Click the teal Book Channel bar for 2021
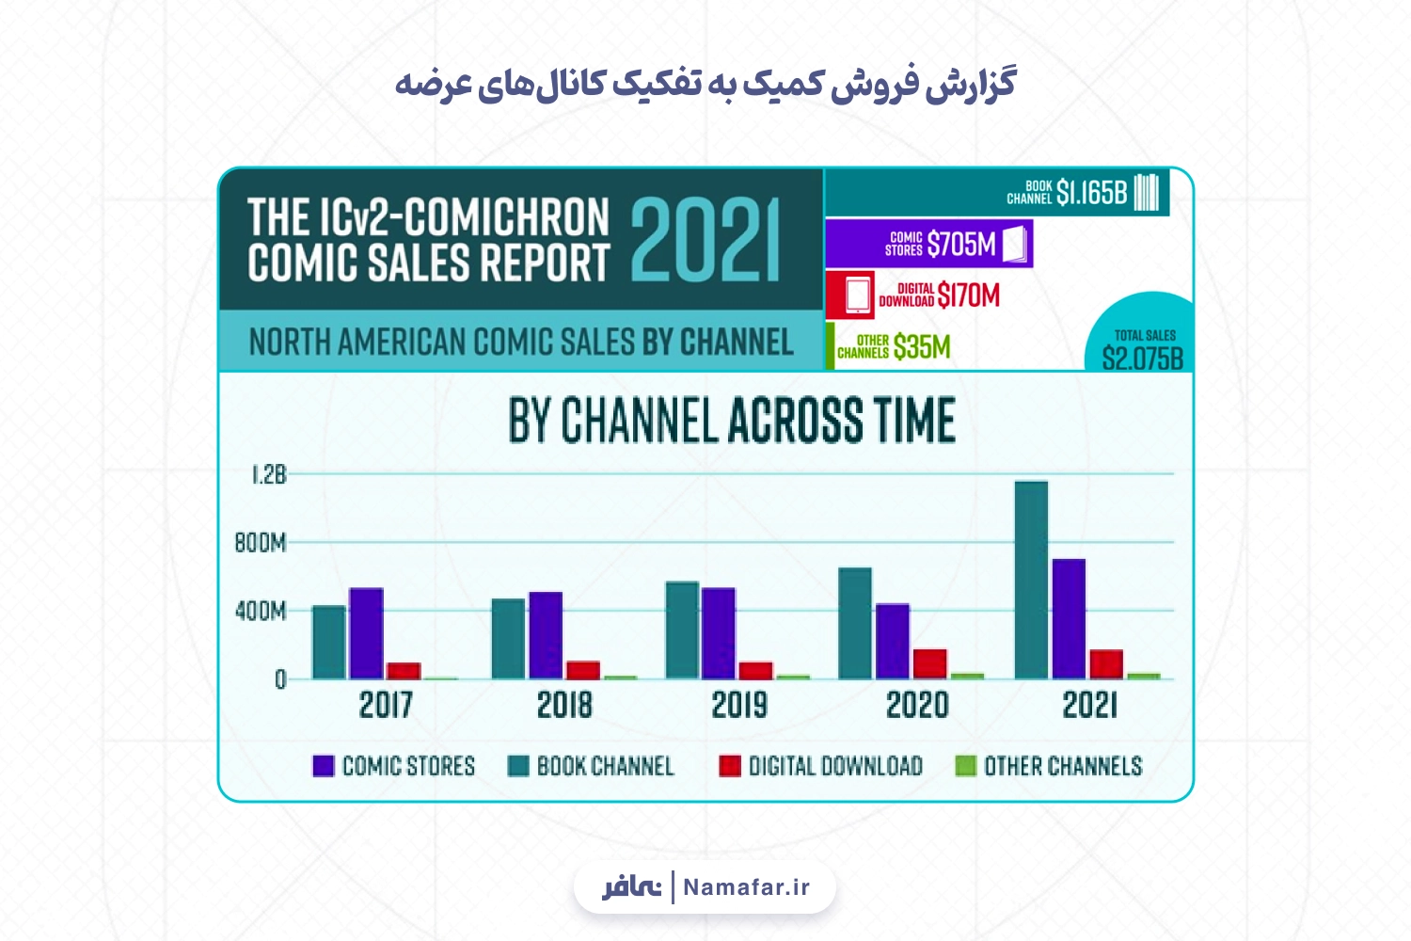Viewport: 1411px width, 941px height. click(x=1031, y=580)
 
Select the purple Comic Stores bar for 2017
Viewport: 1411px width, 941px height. click(x=366, y=633)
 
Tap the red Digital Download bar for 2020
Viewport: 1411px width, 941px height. click(x=929, y=663)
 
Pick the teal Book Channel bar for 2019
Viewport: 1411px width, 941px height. click(x=682, y=630)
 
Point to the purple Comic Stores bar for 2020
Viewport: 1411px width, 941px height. click(x=893, y=642)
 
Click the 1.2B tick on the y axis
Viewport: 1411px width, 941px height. click(x=269, y=474)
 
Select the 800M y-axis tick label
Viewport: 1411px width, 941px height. click(x=261, y=543)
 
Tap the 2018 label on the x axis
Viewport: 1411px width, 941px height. click(x=564, y=705)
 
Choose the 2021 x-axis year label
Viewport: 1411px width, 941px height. click(x=1089, y=705)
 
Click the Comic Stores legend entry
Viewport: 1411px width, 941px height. click(x=394, y=766)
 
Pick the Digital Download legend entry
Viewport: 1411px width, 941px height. click(x=821, y=766)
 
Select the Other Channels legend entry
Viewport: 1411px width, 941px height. click(x=1049, y=766)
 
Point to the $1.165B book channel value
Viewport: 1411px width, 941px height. click(x=1091, y=192)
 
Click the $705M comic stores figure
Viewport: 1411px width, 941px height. click(x=962, y=244)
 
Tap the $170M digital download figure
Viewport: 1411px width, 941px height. click(x=968, y=295)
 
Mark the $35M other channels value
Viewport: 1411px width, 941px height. click(x=922, y=346)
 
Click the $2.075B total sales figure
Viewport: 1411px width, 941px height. click(x=1143, y=359)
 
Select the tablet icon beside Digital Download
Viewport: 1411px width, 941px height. click(x=857, y=295)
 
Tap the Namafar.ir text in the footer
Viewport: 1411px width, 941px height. click(x=747, y=887)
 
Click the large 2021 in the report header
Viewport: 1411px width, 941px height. click(x=705, y=240)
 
